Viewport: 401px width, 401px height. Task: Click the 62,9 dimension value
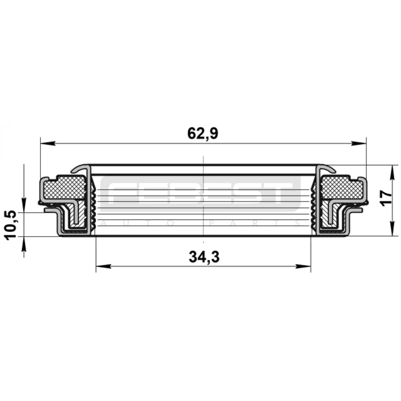coord(203,134)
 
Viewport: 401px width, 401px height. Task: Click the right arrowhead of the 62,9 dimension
coord(359,143)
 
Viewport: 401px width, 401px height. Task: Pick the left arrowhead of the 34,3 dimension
coord(103,267)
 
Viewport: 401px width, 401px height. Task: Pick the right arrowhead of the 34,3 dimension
coord(303,267)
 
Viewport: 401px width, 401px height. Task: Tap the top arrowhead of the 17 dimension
coord(392,172)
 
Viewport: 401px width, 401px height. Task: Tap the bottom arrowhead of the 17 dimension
coord(392,229)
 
